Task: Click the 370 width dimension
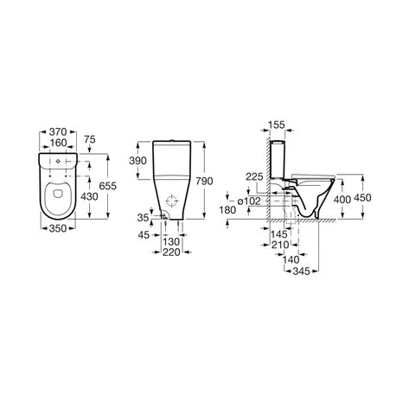(58, 132)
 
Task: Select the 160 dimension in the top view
(58, 143)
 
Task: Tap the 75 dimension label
(90, 139)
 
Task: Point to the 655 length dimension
(107, 186)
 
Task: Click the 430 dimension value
(89, 196)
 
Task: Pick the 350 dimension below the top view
(58, 228)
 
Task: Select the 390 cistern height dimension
(137, 161)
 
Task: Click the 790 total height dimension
(204, 181)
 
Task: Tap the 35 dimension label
(143, 218)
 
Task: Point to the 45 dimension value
(144, 235)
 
